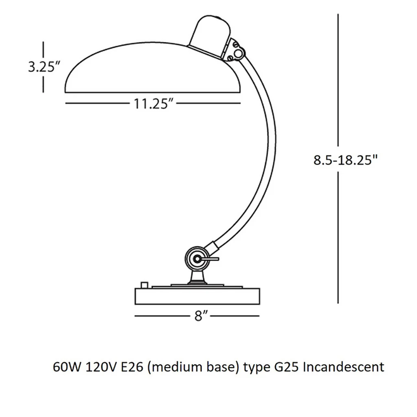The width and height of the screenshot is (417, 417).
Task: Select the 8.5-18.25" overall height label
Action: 345,160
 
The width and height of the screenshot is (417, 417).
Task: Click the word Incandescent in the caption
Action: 344,367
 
